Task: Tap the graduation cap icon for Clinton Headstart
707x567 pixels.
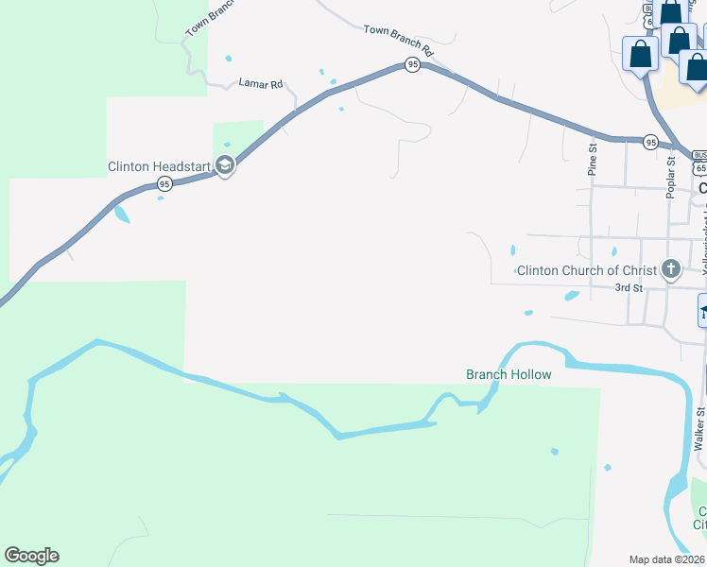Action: point(225,165)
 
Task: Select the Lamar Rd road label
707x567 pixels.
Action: point(261,84)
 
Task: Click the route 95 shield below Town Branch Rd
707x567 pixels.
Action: point(412,64)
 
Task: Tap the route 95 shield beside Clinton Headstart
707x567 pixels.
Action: point(164,183)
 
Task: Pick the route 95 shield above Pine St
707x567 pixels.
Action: point(650,142)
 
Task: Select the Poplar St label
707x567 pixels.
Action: point(670,177)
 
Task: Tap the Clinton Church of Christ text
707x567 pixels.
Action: point(586,271)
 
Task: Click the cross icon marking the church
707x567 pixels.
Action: point(671,269)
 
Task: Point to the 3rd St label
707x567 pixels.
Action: point(629,287)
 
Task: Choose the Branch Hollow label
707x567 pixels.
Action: point(509,374)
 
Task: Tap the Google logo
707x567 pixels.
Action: point(31,556)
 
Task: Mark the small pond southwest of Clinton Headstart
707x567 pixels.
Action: point(122,214)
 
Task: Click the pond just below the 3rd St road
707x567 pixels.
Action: point(571,296)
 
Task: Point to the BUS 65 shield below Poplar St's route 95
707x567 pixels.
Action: point(698,162)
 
